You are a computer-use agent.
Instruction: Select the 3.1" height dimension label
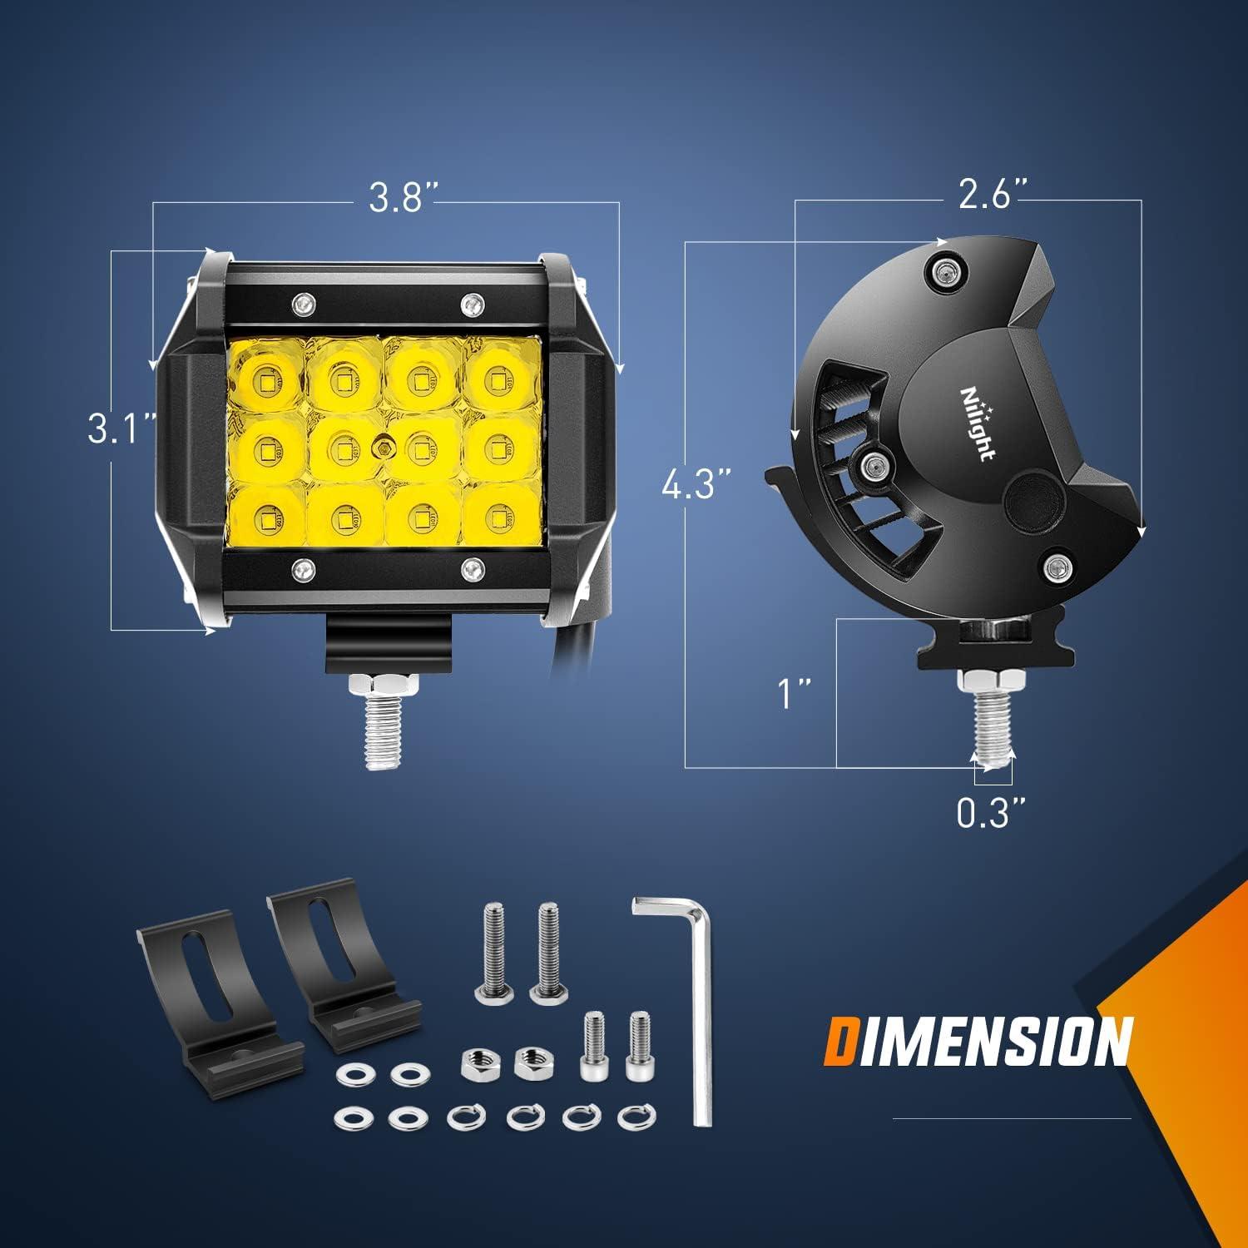pos(122,432)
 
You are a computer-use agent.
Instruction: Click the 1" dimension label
pos(793,694)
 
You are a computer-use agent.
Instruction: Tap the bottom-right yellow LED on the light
pos(497,514)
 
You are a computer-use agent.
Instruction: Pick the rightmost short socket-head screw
pos(637,1047)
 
